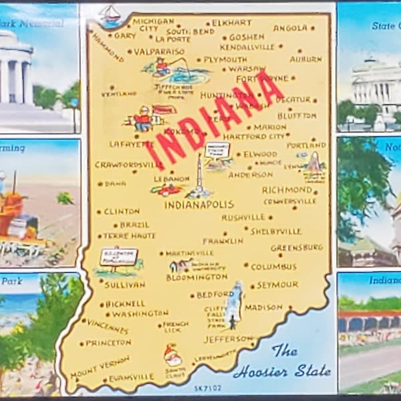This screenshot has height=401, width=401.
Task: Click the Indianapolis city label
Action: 198,205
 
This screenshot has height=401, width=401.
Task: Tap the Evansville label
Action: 131,378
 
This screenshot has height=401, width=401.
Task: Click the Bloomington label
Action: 196,277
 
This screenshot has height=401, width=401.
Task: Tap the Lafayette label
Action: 131,144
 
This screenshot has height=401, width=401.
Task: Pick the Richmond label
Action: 287,190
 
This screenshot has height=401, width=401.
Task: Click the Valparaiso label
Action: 159,51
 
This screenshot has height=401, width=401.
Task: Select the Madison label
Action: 263,307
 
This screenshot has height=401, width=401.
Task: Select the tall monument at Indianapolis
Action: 198,176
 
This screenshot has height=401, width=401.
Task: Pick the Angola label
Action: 290,28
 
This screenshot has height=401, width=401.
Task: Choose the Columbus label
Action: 273,267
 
